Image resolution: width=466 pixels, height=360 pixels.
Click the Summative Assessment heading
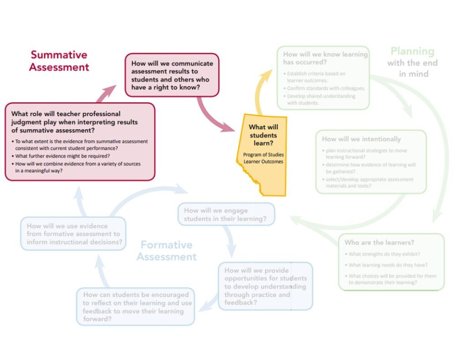tap(59, 61)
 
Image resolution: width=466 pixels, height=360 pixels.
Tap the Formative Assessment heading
tap(167, 251)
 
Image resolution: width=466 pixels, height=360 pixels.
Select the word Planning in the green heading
tap(412, 51)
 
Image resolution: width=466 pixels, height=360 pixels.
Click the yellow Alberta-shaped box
tap(261, 155)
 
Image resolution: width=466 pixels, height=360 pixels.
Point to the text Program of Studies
tap(263, 155)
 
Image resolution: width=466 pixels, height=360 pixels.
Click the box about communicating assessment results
tap(172, 75)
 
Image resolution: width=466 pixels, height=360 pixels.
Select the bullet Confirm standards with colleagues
tap(326, 88)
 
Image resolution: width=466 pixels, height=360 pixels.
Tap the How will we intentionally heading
tap(361, 139)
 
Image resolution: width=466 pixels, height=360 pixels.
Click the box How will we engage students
tap(226, 214)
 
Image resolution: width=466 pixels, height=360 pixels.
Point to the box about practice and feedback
tap(265, 286)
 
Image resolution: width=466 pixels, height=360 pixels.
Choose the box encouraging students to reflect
tap(136, 307)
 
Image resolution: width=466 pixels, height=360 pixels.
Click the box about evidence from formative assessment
tap(73, 233)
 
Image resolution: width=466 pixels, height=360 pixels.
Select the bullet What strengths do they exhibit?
tap(385, 254)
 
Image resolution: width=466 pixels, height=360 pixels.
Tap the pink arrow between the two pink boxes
tap(107, 92)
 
